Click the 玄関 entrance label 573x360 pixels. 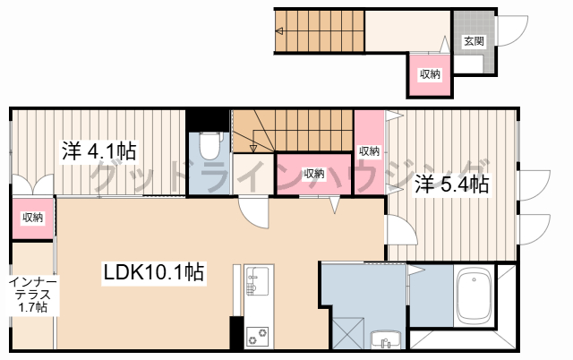tap(474, 41)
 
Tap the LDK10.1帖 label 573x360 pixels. tap(153, 272)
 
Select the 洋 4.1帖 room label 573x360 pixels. tap(98, 151)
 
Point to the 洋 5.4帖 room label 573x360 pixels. tap(451, 184)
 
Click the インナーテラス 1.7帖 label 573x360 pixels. tap(33, 295)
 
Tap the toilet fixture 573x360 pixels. tap(210, 145)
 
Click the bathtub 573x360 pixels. tap(474, 296)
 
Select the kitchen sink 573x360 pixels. tap(257, 280)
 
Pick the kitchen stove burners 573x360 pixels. tap(257, 337)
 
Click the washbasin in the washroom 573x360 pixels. tap(386, 339)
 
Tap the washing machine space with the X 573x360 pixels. tap(348, 332)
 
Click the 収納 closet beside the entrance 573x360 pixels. tap(430, 74)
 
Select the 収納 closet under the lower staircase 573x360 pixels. tap(314, 174)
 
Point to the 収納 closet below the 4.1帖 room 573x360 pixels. tap(33, 218)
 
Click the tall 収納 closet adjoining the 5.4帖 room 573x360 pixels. tap(369, 151)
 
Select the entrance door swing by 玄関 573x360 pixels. tap(512, 30)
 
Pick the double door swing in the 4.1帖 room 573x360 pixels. tap(33, 184)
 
